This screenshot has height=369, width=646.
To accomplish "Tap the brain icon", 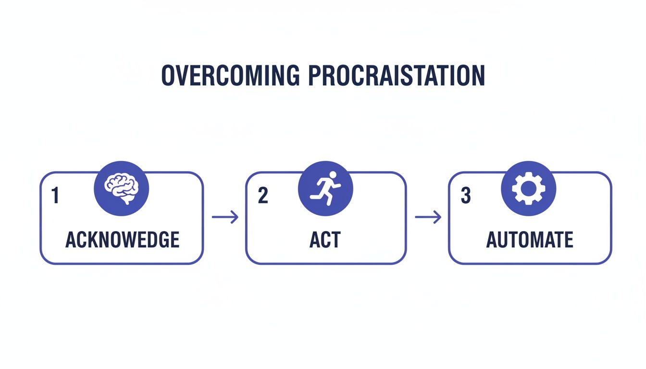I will tap(122, 189).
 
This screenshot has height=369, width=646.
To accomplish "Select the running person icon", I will tap(325, 189).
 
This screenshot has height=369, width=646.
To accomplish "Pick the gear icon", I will tap(528, 189).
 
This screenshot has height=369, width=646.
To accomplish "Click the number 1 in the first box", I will tap(55, 196).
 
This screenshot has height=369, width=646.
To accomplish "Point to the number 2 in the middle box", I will tap(262, 196).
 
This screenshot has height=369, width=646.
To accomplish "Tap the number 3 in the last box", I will tap(465, 196).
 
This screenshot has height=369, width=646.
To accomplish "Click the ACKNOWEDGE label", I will tap(122, 240).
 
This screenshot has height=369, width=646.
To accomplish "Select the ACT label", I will tap(325, 240).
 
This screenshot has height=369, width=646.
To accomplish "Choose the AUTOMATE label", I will tap(530, 240).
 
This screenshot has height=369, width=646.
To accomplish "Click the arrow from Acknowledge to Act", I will tap(225, 218).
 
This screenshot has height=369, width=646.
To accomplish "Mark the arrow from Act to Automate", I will tap(428, 218).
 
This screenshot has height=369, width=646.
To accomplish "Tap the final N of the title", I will tap(478, 75).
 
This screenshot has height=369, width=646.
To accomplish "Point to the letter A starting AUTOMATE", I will tap(492, 240).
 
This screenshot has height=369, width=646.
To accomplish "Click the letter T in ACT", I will tap(336, 240).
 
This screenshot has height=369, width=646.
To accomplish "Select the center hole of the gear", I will tap(528, 189).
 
